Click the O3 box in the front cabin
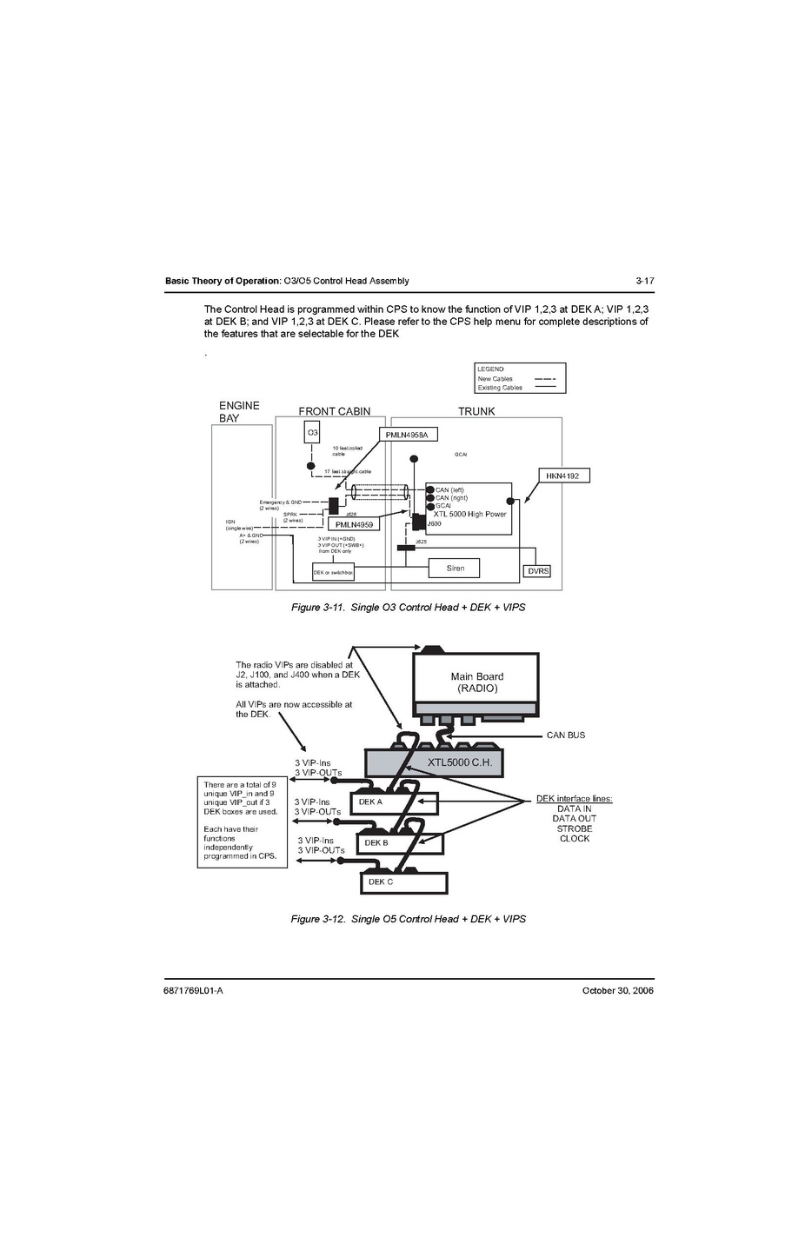point(312,432)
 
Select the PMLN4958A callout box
point(407,434)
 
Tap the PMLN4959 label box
point(354,524)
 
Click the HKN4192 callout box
point(563,476)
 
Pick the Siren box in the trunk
point(456,569)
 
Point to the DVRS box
point(539,571)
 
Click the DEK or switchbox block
point(333,573)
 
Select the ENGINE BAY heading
point(239,411)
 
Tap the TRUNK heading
point(476,411)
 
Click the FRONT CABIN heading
point(334,411)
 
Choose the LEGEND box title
point(490,369)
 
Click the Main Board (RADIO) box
point(476,682)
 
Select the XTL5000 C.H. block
point(459,762)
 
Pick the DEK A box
point(394,802)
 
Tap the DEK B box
point(400,842)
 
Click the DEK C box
point(403,882)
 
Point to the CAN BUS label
point(566,735)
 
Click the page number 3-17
point(644,281)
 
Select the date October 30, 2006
point(617,990)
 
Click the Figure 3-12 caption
point(408,919)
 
